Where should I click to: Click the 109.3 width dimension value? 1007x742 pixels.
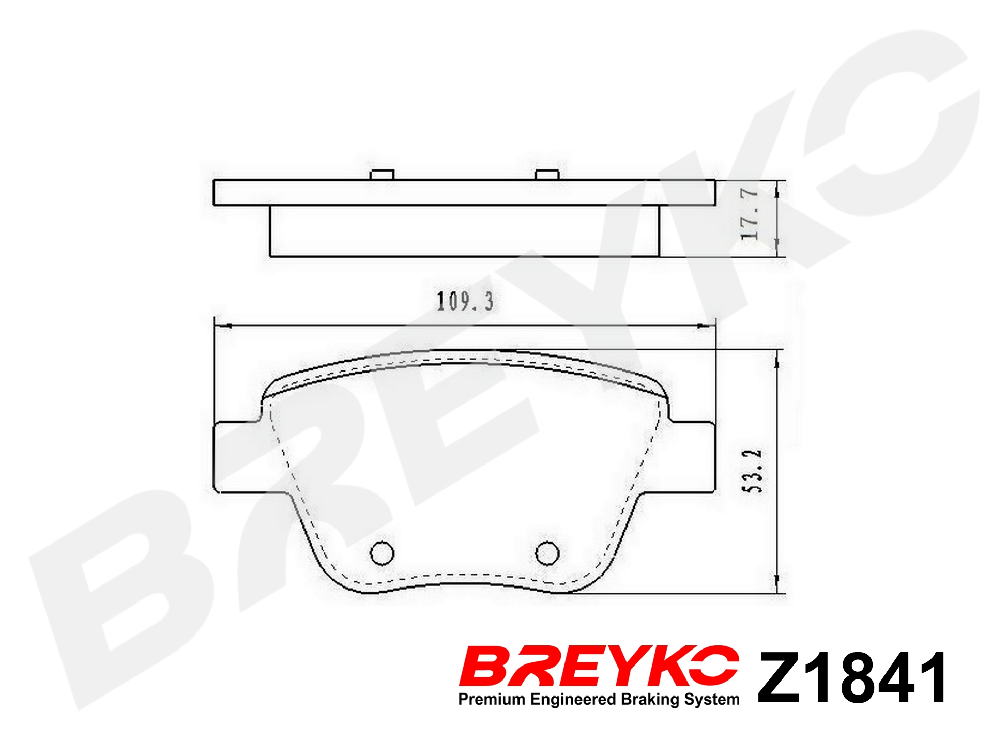click(x=465, y=302)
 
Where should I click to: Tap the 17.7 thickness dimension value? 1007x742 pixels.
click(x=750, y=214)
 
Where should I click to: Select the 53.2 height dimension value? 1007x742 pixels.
click(x=752, y=471)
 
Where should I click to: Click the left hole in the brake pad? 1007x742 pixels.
click(x=382, y=553)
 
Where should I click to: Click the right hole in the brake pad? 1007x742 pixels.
click(x=547, y=553)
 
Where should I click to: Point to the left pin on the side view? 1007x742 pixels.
click(x=382, y=175)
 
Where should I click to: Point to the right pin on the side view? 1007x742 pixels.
click(x=547, y=175)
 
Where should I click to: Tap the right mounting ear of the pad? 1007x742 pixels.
click(x=691, y=457)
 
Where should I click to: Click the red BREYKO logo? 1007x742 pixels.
click(x=599, y=666)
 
